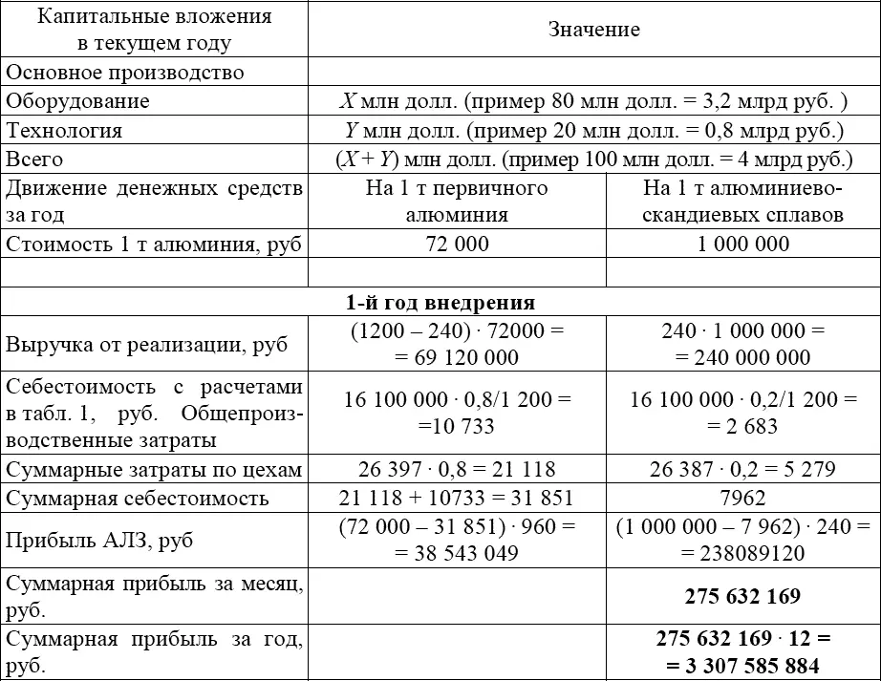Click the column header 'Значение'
593,30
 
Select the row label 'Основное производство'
125,73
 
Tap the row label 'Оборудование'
78,101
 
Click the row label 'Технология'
65,131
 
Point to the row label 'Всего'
35,160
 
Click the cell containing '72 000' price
456,244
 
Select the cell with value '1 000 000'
742,244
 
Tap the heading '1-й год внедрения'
440,303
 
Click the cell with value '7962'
742,498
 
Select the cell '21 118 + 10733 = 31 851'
456,498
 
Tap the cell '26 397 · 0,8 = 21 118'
456,469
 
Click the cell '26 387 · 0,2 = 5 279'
742,469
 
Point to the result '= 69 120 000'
456,358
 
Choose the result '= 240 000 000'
742,358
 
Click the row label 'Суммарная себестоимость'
138,498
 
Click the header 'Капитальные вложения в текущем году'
154,30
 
